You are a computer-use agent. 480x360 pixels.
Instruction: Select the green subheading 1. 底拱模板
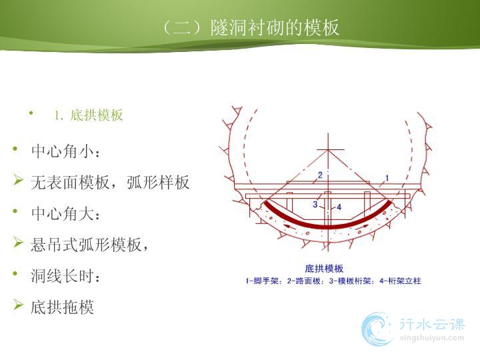coord(89,115)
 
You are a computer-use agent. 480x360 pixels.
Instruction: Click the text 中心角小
coord(65,151)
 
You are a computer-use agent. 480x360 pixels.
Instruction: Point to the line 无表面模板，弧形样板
coord(110,182)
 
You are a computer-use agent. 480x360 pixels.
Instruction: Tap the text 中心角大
coord(65,213)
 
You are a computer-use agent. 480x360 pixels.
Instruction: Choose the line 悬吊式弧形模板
coord(89,245)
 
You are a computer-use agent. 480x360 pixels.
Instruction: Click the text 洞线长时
coord(65,276)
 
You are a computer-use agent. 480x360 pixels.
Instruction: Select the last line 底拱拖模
coord(62,307)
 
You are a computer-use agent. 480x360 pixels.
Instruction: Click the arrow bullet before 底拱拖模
coord(18,305)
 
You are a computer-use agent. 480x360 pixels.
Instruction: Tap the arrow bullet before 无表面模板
coord(18,180)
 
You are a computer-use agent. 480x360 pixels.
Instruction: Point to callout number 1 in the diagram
coord(387,178)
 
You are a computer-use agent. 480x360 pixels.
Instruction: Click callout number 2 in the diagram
coord(320,175)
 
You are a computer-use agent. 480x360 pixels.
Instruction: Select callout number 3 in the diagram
coord(315,204)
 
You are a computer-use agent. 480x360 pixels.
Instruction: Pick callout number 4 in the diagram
coord(339,207)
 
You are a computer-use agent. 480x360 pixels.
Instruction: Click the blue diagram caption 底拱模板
coord(324,269)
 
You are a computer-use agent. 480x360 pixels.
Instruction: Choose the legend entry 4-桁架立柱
coord(401,281)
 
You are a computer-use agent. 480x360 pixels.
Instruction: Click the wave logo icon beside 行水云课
coord(377,329)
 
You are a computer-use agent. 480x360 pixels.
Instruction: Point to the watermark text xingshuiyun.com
coord(432,337)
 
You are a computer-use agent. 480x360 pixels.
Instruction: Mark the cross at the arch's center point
coord(328,150)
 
